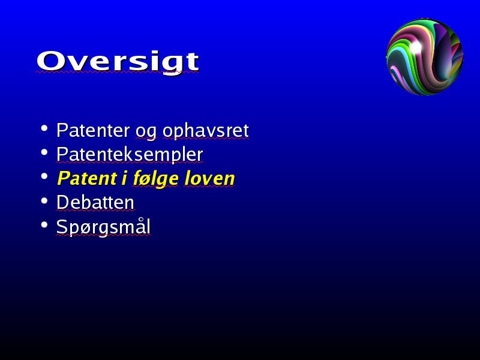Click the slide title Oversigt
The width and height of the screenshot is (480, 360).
pyautogui.click(x=118, y=62)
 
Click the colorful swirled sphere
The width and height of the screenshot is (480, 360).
pyautogui.click(x=425, y=57)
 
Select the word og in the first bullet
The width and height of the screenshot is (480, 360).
pyautogui.click(x=146, y=132)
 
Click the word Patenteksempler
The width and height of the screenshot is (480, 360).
pyautogui.click(x=130, y=155)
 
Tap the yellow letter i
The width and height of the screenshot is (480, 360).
pyautogui.click(x=124, y=178)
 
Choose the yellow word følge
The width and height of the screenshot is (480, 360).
pyautogui.click(x=155, y=179)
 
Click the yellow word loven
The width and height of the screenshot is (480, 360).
pyautogui.click(x=209, y=178)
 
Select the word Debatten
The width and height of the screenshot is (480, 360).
pyautogui.click(x=95, y=202)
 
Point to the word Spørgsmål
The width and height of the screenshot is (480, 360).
pyautogui.click(x=103, y=227)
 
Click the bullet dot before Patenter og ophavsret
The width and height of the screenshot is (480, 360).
pyautogui.click(x=44, y=128)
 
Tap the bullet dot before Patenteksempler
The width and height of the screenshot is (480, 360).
pyautogui.click(x=44, y=152)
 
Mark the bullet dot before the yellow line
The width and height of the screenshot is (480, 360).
pyautogui.click(x=44, y=176)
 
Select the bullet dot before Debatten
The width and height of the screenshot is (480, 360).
pyautogui.click(x=44, y=201)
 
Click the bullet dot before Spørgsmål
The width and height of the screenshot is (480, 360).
pyautogui.click(x=44, y=225)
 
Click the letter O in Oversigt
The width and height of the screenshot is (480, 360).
pyautogui.click(x=50, y=61)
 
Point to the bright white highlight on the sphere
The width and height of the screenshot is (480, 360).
pyautogui.click(x=415, y=47)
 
